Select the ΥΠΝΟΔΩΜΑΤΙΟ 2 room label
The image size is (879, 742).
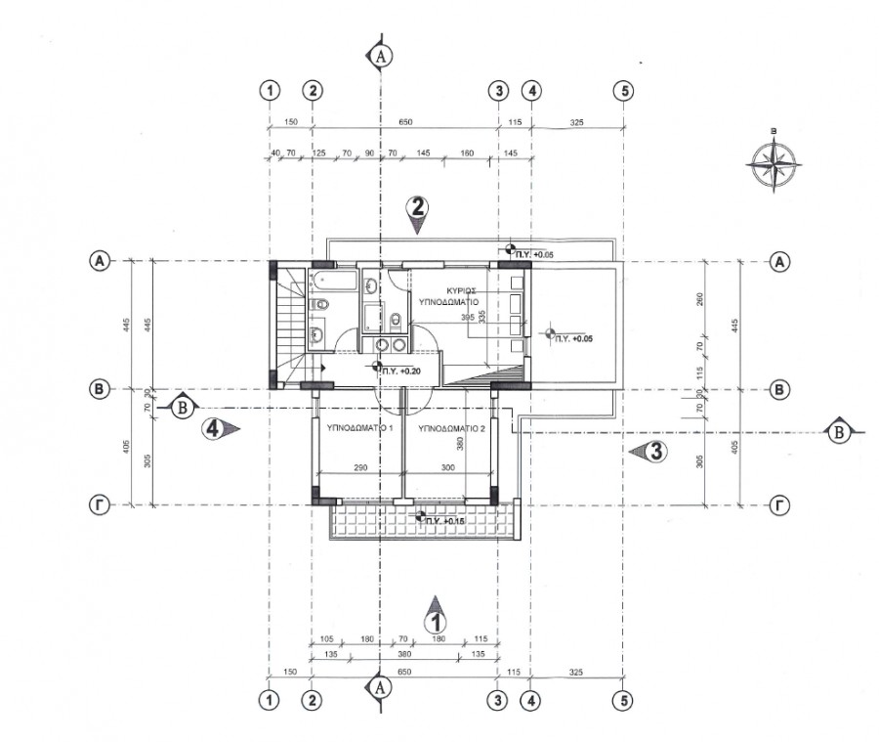[x=450, y=429]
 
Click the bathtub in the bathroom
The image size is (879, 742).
[x=325, y=284]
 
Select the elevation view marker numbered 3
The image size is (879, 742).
[x=652, y=451]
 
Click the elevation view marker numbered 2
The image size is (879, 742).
[x=418, y=211]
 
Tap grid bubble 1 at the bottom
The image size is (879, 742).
[x=270, y=700]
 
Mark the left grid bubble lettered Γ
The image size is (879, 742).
[x=99, y=505]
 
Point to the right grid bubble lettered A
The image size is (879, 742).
[x=779, y=261]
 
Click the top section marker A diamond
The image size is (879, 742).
[x=380, y=56]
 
